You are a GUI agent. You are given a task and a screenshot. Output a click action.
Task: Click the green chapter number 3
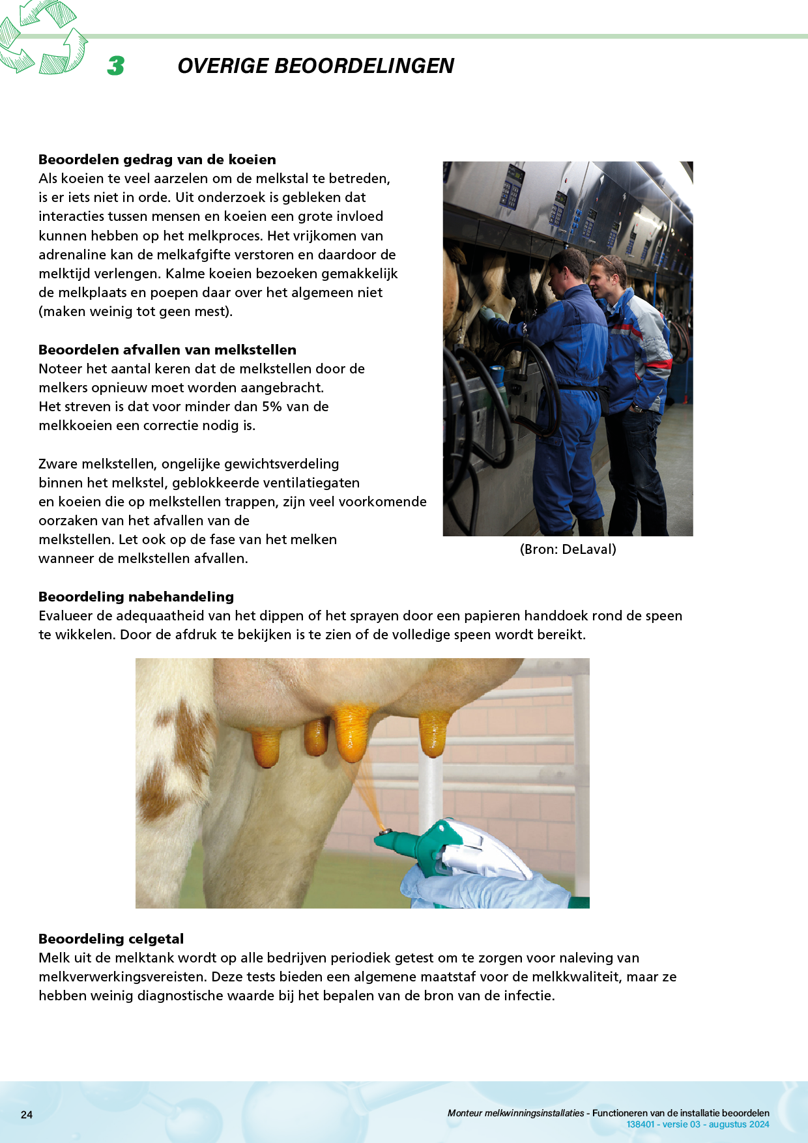[116, 65]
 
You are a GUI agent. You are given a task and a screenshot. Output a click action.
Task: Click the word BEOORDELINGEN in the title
[364, 66]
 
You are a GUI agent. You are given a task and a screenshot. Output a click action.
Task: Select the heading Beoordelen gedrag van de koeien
[157, 160]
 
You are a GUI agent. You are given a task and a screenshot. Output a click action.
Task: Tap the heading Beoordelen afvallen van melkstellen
[167, 350]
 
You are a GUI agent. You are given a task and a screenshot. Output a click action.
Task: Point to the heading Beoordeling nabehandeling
[136, 597]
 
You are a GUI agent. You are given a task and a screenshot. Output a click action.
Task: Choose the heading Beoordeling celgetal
[111, 939]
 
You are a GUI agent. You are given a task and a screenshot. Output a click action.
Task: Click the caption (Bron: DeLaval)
[568, 549]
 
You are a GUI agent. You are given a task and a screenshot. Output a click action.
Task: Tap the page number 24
[27, 1114]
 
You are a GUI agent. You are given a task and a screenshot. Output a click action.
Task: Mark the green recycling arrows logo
[43, 38]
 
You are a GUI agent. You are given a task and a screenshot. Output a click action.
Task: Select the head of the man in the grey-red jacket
[609, 274]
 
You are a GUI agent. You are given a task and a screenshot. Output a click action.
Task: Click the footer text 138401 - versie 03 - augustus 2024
[697, 1124]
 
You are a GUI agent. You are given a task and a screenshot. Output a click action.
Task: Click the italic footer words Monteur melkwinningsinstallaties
[515, 1113]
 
